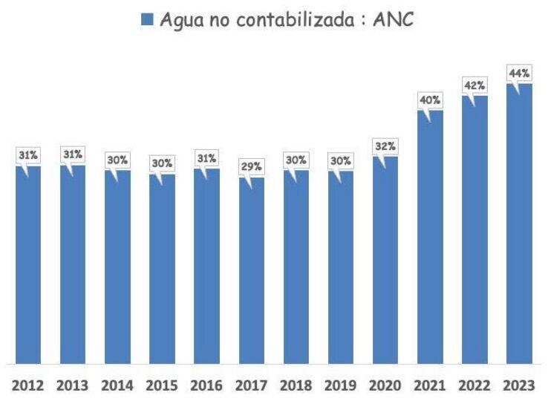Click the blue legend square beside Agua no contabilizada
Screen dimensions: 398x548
146,21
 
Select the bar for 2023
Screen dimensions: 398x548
518,223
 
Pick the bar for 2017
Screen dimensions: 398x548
251,271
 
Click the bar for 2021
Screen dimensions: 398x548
429,238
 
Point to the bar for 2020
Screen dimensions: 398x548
385,260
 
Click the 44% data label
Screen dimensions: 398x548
519,73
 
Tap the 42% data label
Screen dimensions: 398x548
474,85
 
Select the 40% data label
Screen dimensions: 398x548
430,99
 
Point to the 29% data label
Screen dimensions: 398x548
251,166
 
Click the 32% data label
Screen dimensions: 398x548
385,146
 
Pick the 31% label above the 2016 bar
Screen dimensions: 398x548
206,157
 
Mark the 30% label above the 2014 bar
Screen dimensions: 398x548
117,160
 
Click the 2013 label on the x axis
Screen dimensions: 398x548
73,385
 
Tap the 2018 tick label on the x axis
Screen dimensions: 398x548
296,385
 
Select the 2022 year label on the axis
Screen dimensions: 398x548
474,385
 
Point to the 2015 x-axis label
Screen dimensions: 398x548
162,385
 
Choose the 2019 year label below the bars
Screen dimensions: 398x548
340,385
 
